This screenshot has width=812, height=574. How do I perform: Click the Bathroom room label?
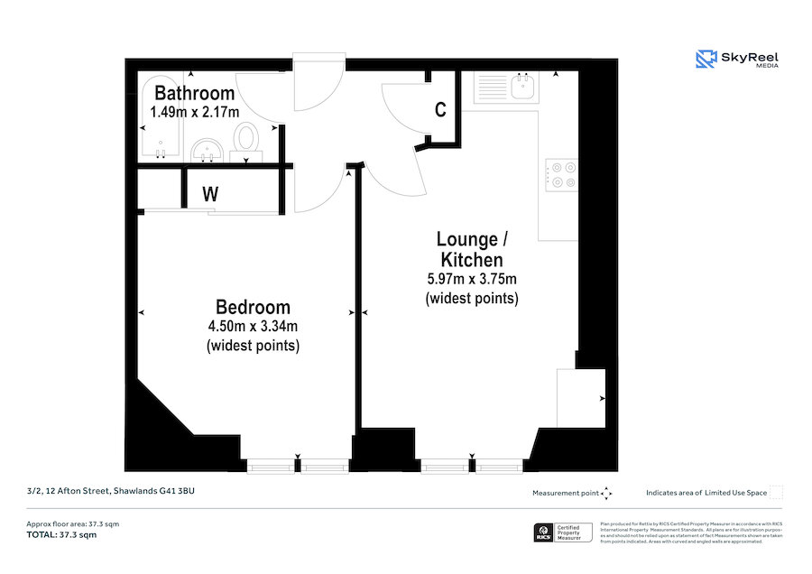194,93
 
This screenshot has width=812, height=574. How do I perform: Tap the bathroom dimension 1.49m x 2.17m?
194,112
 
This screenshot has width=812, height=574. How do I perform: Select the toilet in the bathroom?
245,140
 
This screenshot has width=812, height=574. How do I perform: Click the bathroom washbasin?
208,149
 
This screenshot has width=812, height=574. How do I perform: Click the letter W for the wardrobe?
210,193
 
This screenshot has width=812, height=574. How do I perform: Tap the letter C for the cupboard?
440,110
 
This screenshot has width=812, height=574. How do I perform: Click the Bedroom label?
253,307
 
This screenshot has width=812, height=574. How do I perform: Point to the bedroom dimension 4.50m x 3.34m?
253,326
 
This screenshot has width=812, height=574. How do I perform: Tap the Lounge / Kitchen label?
471,249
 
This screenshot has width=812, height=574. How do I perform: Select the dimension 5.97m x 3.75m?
471,279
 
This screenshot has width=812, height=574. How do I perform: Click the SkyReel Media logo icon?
705,60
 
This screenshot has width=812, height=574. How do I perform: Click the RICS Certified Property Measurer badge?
564,532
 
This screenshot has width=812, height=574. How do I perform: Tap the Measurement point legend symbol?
606,493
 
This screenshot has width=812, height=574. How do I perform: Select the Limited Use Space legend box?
776,493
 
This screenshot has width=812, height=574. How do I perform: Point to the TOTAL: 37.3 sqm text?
61,534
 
